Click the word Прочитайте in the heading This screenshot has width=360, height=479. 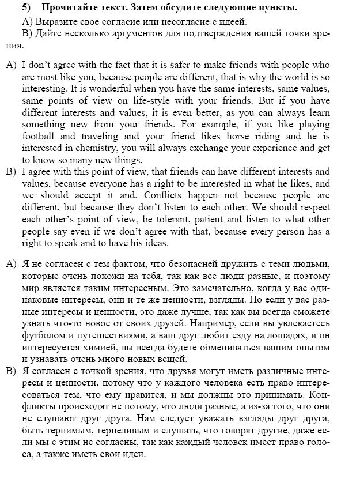click(67, 8)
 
